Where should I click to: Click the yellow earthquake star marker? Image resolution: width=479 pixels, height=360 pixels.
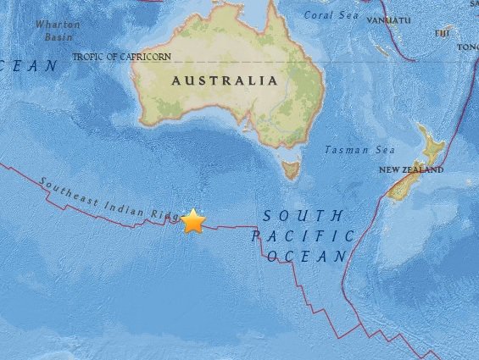pos(193,221)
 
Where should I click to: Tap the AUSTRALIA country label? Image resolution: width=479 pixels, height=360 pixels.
pos(224,80)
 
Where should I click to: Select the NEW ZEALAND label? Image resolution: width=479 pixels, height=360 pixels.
pos(411,170)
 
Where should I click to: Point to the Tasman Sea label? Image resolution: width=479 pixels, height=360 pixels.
pos(360,150)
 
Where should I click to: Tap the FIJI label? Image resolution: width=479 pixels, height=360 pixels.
pos(442,33)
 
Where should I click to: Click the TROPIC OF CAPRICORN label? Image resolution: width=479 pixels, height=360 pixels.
pos(121,57)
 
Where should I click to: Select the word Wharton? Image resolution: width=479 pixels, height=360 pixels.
pos(56,24)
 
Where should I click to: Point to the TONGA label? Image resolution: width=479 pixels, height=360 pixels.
pos(468,47)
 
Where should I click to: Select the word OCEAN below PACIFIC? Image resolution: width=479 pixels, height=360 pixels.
pos(307,256)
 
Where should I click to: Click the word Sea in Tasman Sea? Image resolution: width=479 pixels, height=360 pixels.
pos(384,150)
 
